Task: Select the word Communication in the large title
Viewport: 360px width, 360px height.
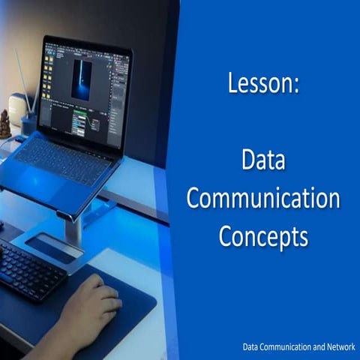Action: click(x=263, y=199)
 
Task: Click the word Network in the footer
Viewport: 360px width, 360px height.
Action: click(x=337, y=347)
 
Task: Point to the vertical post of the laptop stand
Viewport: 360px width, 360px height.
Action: click(x=73, y=229)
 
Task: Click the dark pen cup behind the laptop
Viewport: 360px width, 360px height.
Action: click(x=28, y=124)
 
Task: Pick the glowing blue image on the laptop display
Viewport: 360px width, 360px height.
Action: click(x=82, y=79)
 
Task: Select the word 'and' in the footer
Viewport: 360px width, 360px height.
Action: click(x=316, y=347)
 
